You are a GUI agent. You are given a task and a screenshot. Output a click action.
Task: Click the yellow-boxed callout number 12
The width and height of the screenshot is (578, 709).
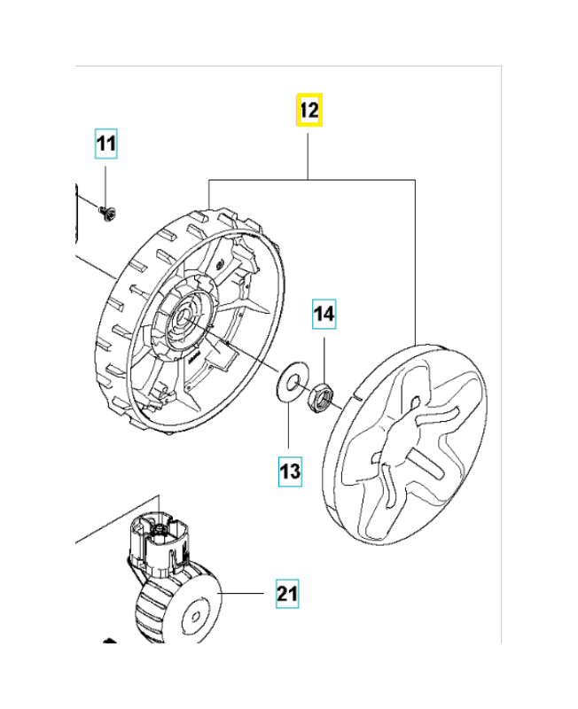click(309, 111)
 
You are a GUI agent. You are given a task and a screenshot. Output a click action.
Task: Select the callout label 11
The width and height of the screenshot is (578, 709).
click(106, 144)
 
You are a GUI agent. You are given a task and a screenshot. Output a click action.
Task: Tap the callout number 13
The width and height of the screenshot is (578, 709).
click(290, 471)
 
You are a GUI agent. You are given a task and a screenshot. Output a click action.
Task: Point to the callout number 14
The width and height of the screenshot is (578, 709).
click(324, 314)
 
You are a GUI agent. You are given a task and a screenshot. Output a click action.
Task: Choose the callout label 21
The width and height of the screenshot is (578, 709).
click(286, 593)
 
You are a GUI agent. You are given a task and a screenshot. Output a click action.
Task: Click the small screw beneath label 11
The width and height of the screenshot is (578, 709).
click(108, 212)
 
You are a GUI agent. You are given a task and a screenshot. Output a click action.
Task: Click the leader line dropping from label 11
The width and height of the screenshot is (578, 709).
click(106, 182)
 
